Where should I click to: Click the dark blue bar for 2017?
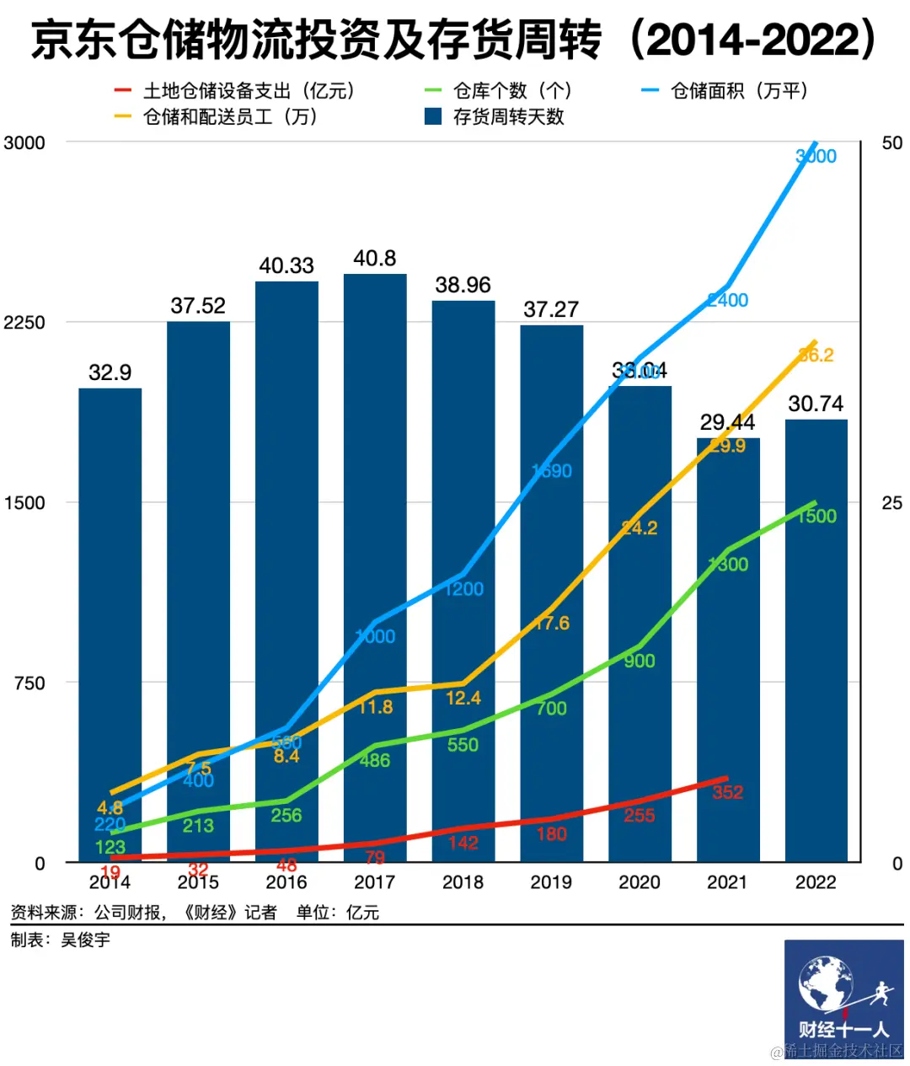click(375, 506)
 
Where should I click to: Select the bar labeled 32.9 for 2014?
click(110, 590)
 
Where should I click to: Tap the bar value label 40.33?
click(286, 266)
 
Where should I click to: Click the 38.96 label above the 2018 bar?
click(463, 286)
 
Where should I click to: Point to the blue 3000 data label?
click(816, 156)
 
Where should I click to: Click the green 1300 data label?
click(728, 565)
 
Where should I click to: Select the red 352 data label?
click(728, 792)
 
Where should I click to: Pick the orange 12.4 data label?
click(463, 698)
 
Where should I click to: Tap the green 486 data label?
click(375, 760)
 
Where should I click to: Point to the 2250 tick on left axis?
click(24, 323)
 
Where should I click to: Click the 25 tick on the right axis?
click(891, 503)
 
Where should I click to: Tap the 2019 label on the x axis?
click(551, 882)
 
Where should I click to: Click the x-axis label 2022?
click(816, 882)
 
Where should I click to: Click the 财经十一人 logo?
click(843, 995)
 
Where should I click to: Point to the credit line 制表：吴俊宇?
click(61, 940)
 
